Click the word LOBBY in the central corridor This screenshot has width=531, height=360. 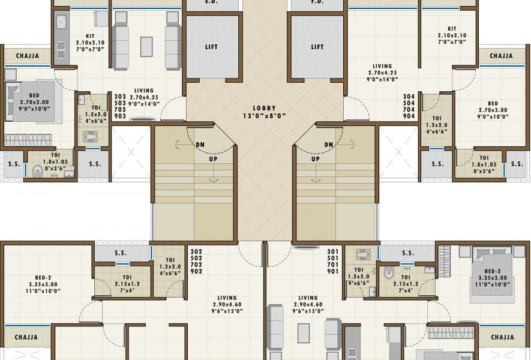(x=264, y=109)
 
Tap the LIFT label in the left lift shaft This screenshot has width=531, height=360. (x=211, y=47)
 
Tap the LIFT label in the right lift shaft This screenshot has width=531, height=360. (x=317, y=47)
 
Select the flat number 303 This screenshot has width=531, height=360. (x=120, y=97)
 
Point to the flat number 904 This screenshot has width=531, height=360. (x=409, y=116)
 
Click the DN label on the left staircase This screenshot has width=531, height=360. (x=200, y=145)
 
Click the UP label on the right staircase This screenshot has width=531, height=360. (x=315, y=159)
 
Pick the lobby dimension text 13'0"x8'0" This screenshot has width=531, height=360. (x=264, y=116)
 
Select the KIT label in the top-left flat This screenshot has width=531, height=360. (x=91, y=36)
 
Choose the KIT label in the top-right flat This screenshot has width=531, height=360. (x=452, y=29)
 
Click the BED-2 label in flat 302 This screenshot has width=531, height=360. (x=43, y=278)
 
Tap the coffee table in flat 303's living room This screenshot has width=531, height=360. (x=146, y=47)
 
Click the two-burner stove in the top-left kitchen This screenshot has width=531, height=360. (x=61, y=50)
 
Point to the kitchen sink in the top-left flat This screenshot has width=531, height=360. (x=61, y=23)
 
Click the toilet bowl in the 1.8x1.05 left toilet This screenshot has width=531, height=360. (x=38, y=171)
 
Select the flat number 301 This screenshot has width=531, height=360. (x=333, y=251)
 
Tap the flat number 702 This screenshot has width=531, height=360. (x=196, y=265)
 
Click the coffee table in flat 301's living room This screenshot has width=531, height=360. (x=304, y=333)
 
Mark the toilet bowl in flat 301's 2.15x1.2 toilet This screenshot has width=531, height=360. (x=389, y=274)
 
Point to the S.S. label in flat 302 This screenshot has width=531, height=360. (x=121, y=253)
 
